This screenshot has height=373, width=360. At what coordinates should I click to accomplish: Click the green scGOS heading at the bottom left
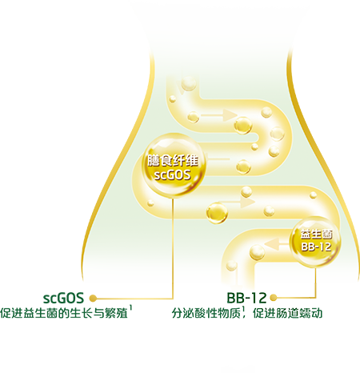63,298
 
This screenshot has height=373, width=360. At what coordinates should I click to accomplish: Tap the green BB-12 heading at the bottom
246,298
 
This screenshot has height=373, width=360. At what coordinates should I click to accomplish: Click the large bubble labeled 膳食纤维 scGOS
174,166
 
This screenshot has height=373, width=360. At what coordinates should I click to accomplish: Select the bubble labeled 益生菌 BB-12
316,241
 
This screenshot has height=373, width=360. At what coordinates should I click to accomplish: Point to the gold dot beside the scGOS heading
93,299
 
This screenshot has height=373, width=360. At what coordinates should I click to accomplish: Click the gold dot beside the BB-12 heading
274,298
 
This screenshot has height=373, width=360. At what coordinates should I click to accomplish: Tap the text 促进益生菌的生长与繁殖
64,313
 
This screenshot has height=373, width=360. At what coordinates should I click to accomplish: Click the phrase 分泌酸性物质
206,313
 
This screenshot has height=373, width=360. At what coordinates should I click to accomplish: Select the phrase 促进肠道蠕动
288,313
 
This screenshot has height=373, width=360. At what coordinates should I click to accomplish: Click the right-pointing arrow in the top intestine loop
218,115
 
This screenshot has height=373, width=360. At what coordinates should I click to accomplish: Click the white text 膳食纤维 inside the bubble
173,161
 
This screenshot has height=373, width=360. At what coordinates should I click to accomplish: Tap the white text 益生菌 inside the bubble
317,235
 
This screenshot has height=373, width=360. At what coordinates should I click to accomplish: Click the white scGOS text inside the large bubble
173,175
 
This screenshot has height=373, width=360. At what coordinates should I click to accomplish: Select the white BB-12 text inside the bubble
317,247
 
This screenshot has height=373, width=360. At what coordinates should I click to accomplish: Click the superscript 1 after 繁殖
130,308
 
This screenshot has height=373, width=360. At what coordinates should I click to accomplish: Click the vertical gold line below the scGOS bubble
173,247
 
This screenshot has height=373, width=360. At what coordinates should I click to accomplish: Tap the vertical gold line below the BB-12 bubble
316,282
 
